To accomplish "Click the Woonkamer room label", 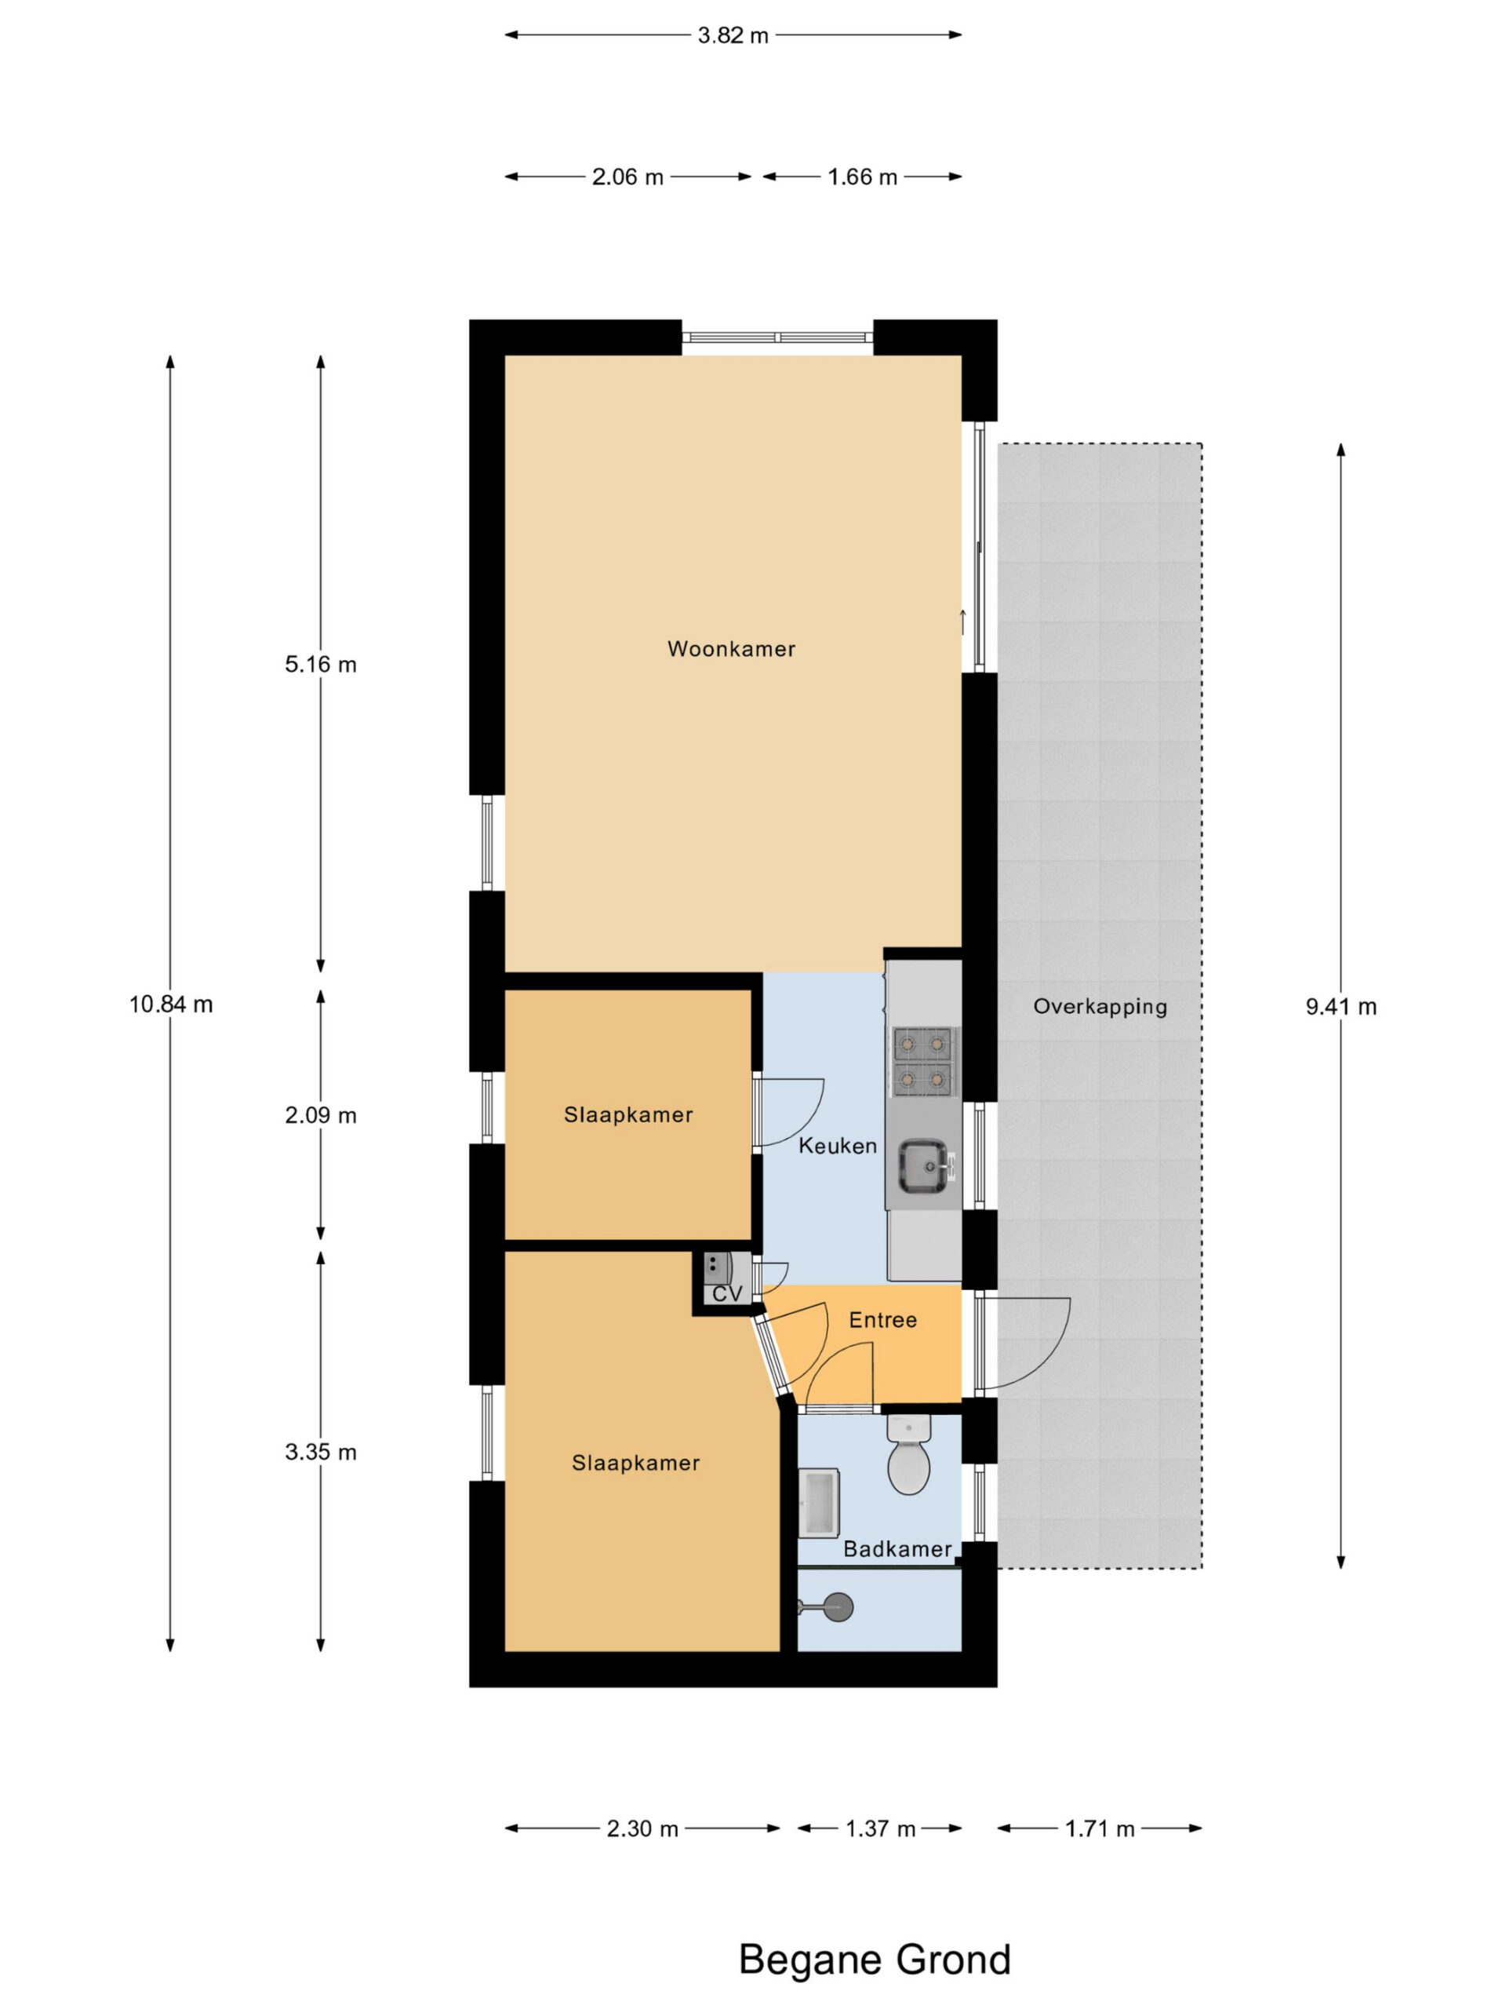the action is [731, 648].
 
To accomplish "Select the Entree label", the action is [882, 1320].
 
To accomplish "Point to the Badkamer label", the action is [897, 1548].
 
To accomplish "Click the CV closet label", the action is [727, 1293].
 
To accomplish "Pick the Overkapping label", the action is [1100, 1006].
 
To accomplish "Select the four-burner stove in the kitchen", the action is [923, 1061].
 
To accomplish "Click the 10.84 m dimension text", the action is [171, 1004].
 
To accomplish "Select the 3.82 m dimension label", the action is [733, 35].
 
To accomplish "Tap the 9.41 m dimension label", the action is [1340, 1006].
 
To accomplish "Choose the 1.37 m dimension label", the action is [879, 1829].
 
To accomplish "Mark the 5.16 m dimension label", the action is [321, 664].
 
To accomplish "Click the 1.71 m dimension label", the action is [1100, 1829].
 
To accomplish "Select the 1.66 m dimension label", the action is [861, 177].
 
